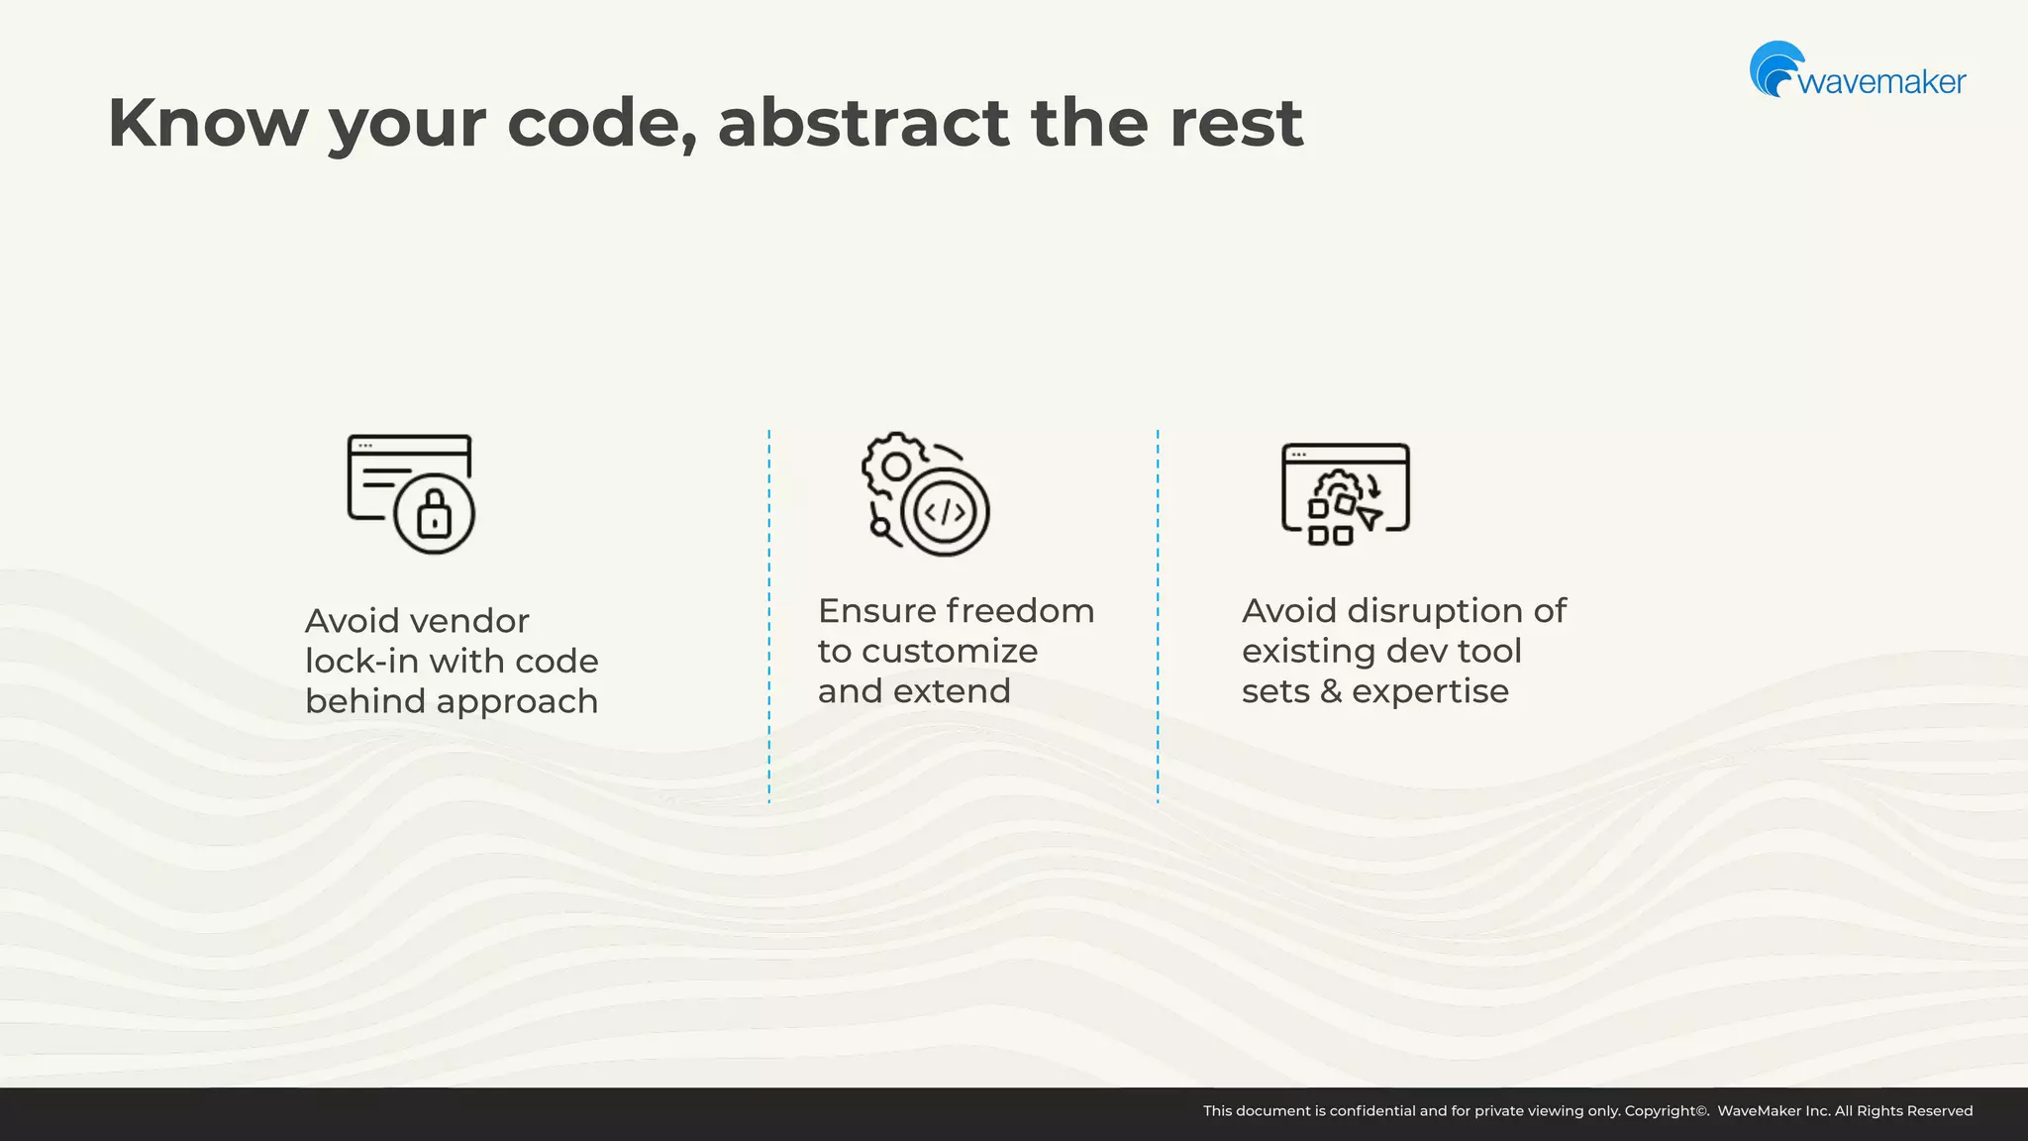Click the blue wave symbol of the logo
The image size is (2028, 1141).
1775,68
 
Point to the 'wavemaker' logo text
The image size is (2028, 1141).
1881,81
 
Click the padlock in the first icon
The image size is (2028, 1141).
434,513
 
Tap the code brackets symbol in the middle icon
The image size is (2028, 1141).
944,512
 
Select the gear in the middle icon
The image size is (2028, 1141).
894,466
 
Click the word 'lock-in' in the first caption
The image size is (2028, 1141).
360,661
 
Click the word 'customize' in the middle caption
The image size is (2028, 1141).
950,651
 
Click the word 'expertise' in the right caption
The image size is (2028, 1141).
1430,690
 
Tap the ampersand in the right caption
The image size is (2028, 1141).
1331,690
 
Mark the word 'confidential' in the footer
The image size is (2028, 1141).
1372,1111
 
